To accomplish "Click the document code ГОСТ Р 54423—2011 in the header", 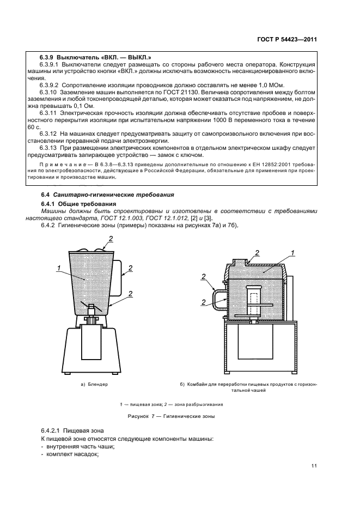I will [287, 39].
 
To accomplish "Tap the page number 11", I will [314, 465].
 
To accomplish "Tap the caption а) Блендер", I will [94, 384].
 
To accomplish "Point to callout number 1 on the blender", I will [58, 267].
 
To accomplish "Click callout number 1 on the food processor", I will [293, 252].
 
